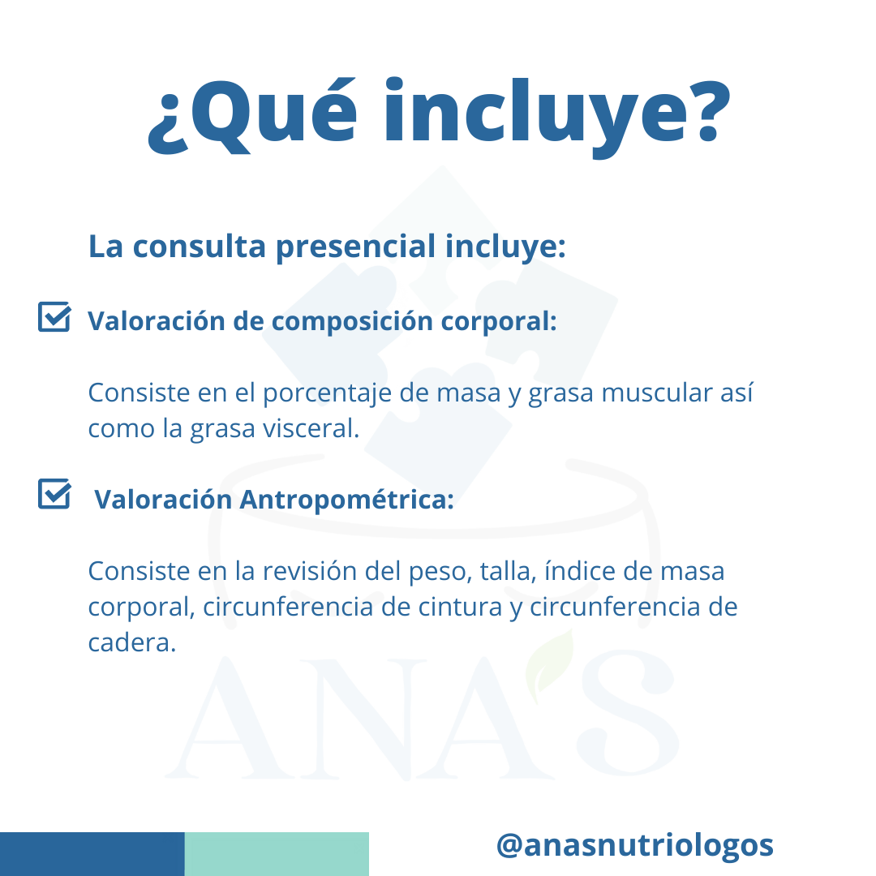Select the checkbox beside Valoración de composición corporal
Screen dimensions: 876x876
54,317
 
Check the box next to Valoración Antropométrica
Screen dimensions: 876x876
54,494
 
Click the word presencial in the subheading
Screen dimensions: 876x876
356,247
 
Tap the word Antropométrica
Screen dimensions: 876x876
346,500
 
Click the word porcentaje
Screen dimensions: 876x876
327,394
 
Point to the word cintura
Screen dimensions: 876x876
461,608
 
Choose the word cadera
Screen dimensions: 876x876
132,642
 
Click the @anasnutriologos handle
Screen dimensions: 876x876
634,846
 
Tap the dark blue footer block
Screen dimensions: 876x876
92,853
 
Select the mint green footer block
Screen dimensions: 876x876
277,853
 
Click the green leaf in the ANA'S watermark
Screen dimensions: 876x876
550,665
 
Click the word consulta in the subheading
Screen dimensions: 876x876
199,247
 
